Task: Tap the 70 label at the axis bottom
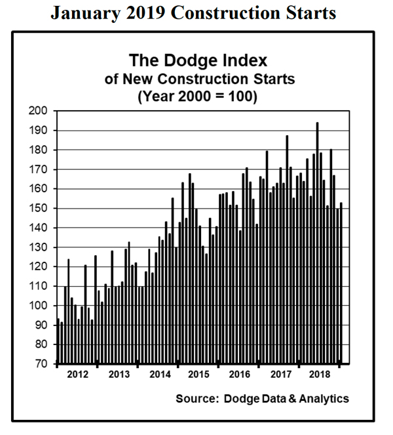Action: tap(41, 363)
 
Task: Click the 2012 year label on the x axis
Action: tap(78, 374)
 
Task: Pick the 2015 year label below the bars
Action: tap(198, 374)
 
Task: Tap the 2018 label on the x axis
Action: tap(319, 374)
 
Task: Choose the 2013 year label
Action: tap(118, 374)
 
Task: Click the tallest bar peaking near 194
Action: tap(317, 243)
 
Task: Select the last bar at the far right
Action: tap(341, 282)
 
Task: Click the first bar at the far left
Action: tap(58, 341)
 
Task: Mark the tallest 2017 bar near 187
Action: tap(286, 249)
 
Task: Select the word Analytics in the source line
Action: tap(324, 398)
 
